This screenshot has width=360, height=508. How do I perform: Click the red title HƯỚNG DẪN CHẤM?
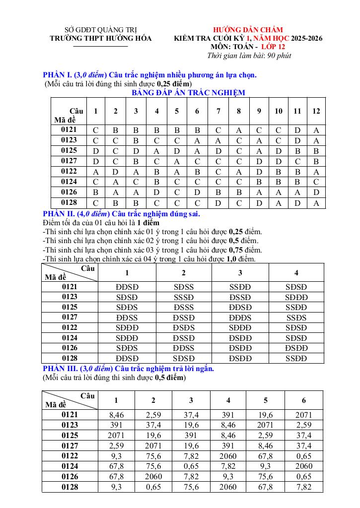click(x=248, y=30)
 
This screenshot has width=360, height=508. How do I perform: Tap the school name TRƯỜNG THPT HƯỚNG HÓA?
click(x=101, y=38)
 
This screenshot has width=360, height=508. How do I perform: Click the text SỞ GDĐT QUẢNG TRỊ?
click(x=101, y=30)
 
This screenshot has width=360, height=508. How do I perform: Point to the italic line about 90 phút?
click(x=249, y=55)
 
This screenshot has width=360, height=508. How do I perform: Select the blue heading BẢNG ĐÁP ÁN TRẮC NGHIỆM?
click(x=188, y=92)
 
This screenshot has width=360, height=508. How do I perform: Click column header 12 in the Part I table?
click(x=316, y=111)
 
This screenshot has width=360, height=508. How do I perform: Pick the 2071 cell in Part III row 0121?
click(x=303, y=415)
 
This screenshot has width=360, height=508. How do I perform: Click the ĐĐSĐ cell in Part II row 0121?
click(x=127, y=287)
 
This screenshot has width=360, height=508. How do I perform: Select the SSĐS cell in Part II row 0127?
click(x=296, y=317)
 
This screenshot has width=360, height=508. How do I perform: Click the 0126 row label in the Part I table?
click(x=69, y=192)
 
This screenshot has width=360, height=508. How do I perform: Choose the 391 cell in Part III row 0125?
click(x=191, y=435)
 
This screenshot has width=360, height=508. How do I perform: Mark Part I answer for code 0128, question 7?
click(x=218, y=203)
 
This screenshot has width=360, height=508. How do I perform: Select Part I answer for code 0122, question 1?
click(x=95, y=171)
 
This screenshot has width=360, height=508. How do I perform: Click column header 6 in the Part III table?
click(x=303, y=400)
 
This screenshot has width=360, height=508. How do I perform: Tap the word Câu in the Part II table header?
click(x=87, y=268)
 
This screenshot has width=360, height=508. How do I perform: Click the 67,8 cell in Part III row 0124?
click(x=116, y=466)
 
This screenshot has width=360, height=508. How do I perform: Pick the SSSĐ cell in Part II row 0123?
click(x=183, y=297)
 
